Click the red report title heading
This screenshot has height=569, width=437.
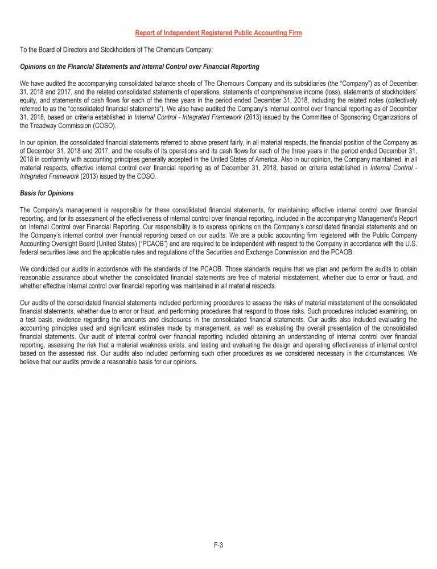point(218,33)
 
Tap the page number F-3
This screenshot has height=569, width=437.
point(218,545)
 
